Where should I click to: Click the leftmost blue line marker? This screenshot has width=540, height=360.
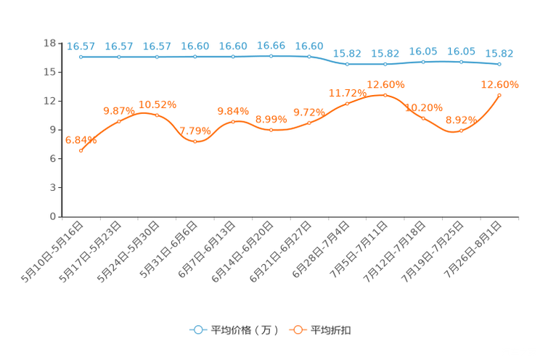(81, 56)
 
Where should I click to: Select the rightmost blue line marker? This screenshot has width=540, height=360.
(499, 64)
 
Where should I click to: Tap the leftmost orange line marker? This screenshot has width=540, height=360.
(81, 151)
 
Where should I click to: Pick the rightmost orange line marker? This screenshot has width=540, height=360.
(499, 95)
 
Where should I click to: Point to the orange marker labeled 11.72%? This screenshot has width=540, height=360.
(348, 104)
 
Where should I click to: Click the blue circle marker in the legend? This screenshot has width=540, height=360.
(198, 330)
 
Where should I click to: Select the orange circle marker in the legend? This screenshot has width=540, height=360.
(298, 330)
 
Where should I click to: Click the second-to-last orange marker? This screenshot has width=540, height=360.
(461, 131)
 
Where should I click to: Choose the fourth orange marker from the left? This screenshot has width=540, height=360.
(195, 141)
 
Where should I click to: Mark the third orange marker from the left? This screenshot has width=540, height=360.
(157, 115)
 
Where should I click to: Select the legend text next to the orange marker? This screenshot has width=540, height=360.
(331, 330)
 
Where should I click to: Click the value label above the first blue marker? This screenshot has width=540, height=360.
(81, 46)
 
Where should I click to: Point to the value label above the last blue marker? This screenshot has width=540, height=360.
(499, 53)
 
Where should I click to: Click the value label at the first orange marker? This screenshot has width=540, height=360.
(81, 141)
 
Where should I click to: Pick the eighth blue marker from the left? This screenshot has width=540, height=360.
(348, 64)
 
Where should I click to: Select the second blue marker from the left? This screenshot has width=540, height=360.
(119, 56)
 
